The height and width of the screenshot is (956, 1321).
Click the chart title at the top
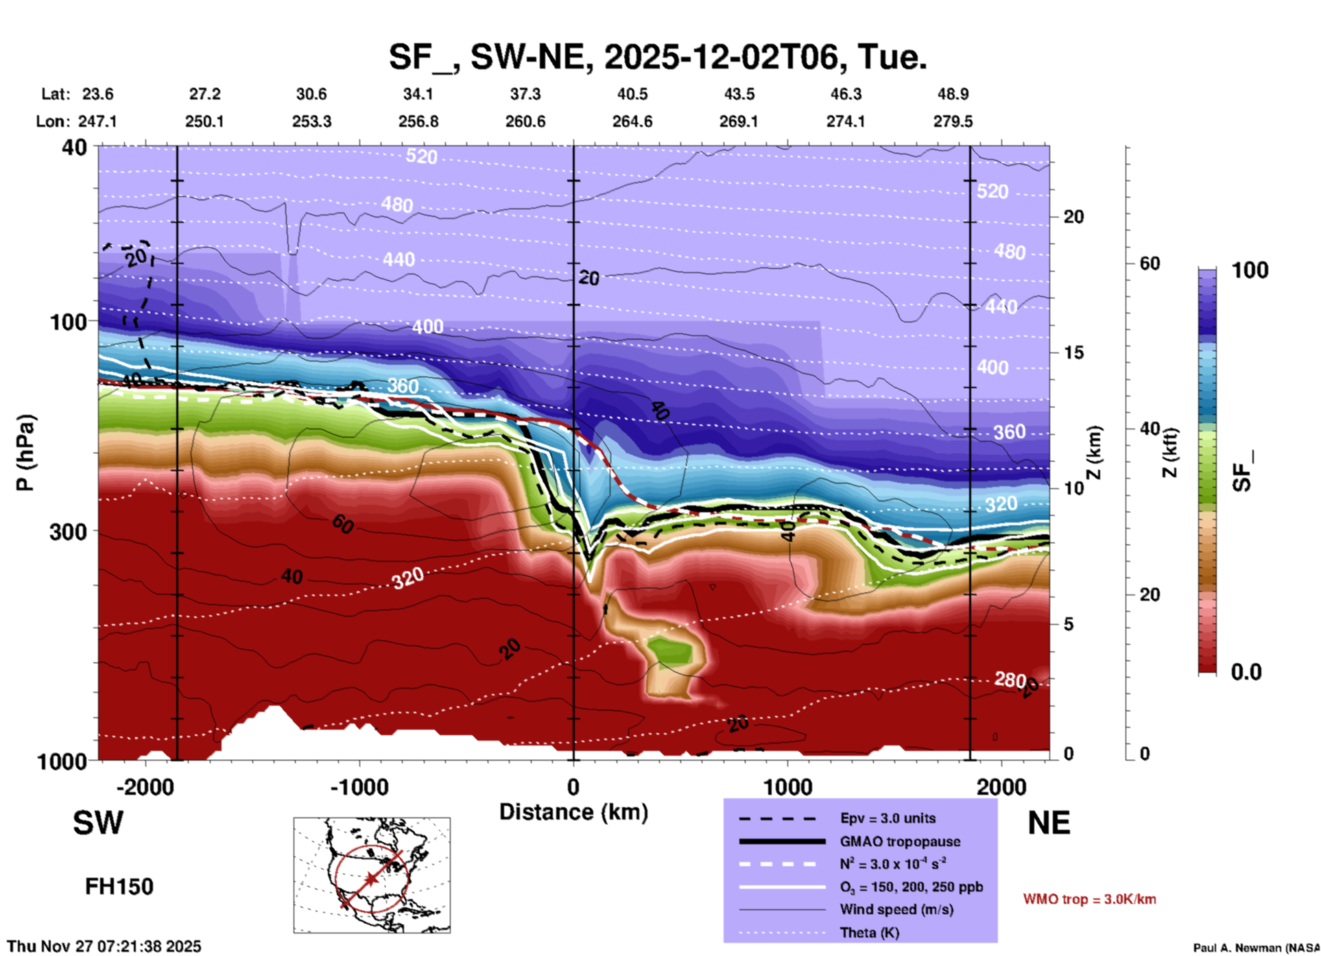point(657,56)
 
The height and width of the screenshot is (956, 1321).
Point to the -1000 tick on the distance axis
point(359,787)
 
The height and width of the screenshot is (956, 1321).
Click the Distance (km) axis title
point(573,812)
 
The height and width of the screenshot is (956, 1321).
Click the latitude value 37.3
point(525,94)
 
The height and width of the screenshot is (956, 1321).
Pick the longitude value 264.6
point(632,121)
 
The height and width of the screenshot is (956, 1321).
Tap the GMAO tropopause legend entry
point(900,841)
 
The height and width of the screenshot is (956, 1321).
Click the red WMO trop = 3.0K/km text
point(1089,899)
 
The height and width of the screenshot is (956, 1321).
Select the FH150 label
point(119,887)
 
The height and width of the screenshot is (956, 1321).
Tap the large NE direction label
point(1049,823)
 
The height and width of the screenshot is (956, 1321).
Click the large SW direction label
point(98,823)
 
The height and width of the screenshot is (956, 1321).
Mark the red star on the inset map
point(371,879)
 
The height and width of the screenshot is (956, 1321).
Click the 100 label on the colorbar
point(1250,270)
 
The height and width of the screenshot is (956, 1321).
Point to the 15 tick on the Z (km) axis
point(1073,352)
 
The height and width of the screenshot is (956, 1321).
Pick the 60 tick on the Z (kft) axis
point(1150,263)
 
